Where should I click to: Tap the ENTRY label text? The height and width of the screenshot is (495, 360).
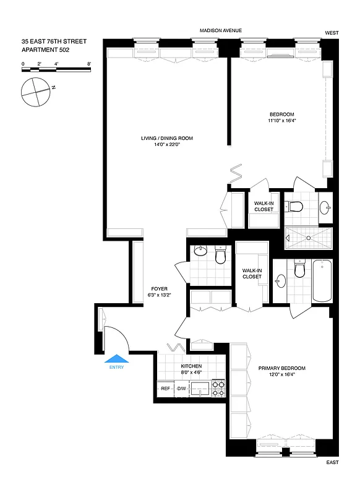pos(116,368)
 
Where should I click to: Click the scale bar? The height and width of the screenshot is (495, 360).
pos(56,66)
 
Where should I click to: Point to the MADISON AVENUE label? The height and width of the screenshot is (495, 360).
pos(220,30)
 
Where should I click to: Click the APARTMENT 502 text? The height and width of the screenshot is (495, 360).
pos(45,49)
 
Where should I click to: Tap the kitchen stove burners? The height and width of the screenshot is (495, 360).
pos(218,388)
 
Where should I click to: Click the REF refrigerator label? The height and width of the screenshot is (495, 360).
pos(165,389)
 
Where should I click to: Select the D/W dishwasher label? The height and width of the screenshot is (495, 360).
pos(182,389)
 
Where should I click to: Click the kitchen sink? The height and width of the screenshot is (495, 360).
pos(200,389)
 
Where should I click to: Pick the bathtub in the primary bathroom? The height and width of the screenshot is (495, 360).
pos(322,281)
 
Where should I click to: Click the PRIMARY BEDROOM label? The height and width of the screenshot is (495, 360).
pos(282,368)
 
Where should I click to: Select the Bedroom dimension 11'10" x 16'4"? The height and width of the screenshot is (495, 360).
pos(281,121)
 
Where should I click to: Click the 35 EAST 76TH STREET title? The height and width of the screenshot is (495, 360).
pos(53,41)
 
